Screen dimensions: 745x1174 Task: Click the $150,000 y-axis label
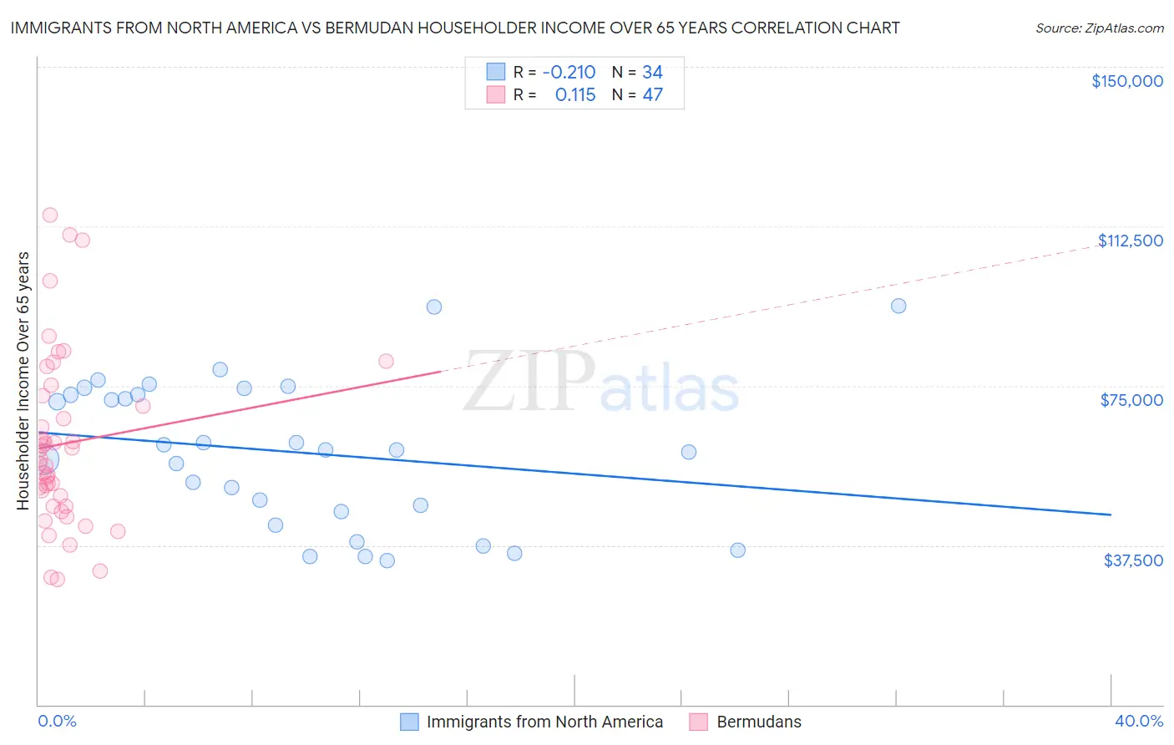(x=1126, y=81)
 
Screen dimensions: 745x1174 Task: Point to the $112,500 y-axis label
(x=1130, y=241)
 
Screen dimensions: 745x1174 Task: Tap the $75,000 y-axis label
(x=1131, y=400)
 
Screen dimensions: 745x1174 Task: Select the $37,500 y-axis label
(x=1132, y=560)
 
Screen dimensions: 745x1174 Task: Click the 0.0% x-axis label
(x=57, y=722)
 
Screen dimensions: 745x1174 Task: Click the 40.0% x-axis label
(x=1138, y=722)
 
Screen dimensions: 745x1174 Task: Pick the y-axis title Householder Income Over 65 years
(x=23, y=381)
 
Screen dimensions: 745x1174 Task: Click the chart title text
(x=455, y=28)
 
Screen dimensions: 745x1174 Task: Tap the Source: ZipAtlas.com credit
(x=1099, y=28)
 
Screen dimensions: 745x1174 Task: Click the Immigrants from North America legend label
(x=544, y=722)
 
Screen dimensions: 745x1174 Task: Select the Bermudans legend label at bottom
(x=758, y=722)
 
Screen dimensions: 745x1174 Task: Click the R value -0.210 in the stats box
(x=569, y=73)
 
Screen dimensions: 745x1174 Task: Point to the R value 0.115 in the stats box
(x=575, y=95)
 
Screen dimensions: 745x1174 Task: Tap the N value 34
(x=652, y=73)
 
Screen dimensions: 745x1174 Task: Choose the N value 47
(x=652, y=95)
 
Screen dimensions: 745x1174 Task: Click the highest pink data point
(x=50, y=215)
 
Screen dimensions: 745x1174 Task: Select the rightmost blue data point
(x=898, y=306)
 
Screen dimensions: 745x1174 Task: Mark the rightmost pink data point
(x=386, y=362)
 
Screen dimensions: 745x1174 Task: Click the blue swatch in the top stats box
(x=496, y=72)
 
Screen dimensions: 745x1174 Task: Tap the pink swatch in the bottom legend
(x=699, y=722)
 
